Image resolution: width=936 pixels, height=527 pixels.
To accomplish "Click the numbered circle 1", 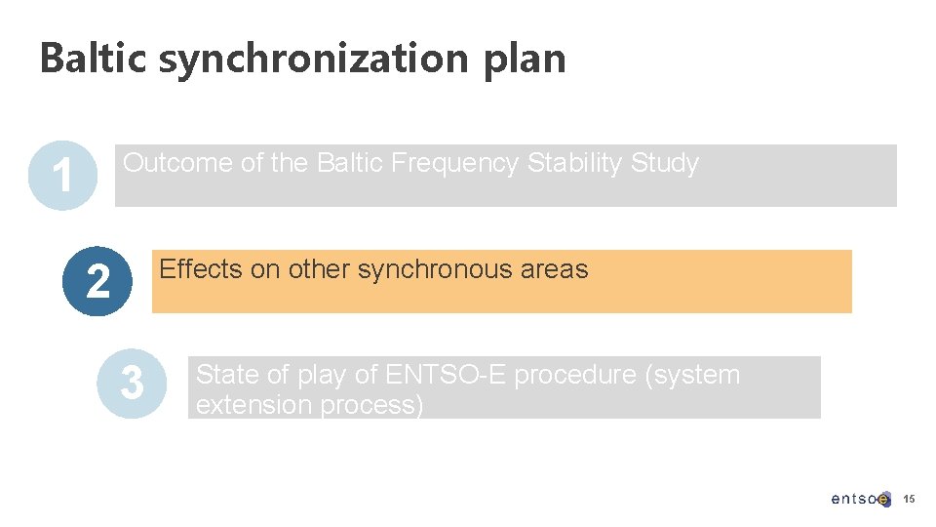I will pyautogui.click(x=62, y=177).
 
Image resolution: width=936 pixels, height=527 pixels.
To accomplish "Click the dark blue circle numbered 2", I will pyautogui.click(x=97, y=282).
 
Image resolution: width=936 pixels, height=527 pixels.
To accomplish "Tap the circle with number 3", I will pyautogui.click(x=132, y=385).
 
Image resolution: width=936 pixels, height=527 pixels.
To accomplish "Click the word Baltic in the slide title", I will pyautogui.click(x=93, y=59).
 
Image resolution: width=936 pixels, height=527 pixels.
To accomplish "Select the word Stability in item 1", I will pyautogui.click(x=575, y=163).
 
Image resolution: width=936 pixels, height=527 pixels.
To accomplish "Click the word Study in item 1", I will pyautogui.click(x=665, y=163).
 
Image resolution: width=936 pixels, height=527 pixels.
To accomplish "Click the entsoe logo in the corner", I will pyautogui.click(x=860, y=499).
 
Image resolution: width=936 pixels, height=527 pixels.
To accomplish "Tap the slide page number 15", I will pyautogui.click(x=909, y=499).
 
